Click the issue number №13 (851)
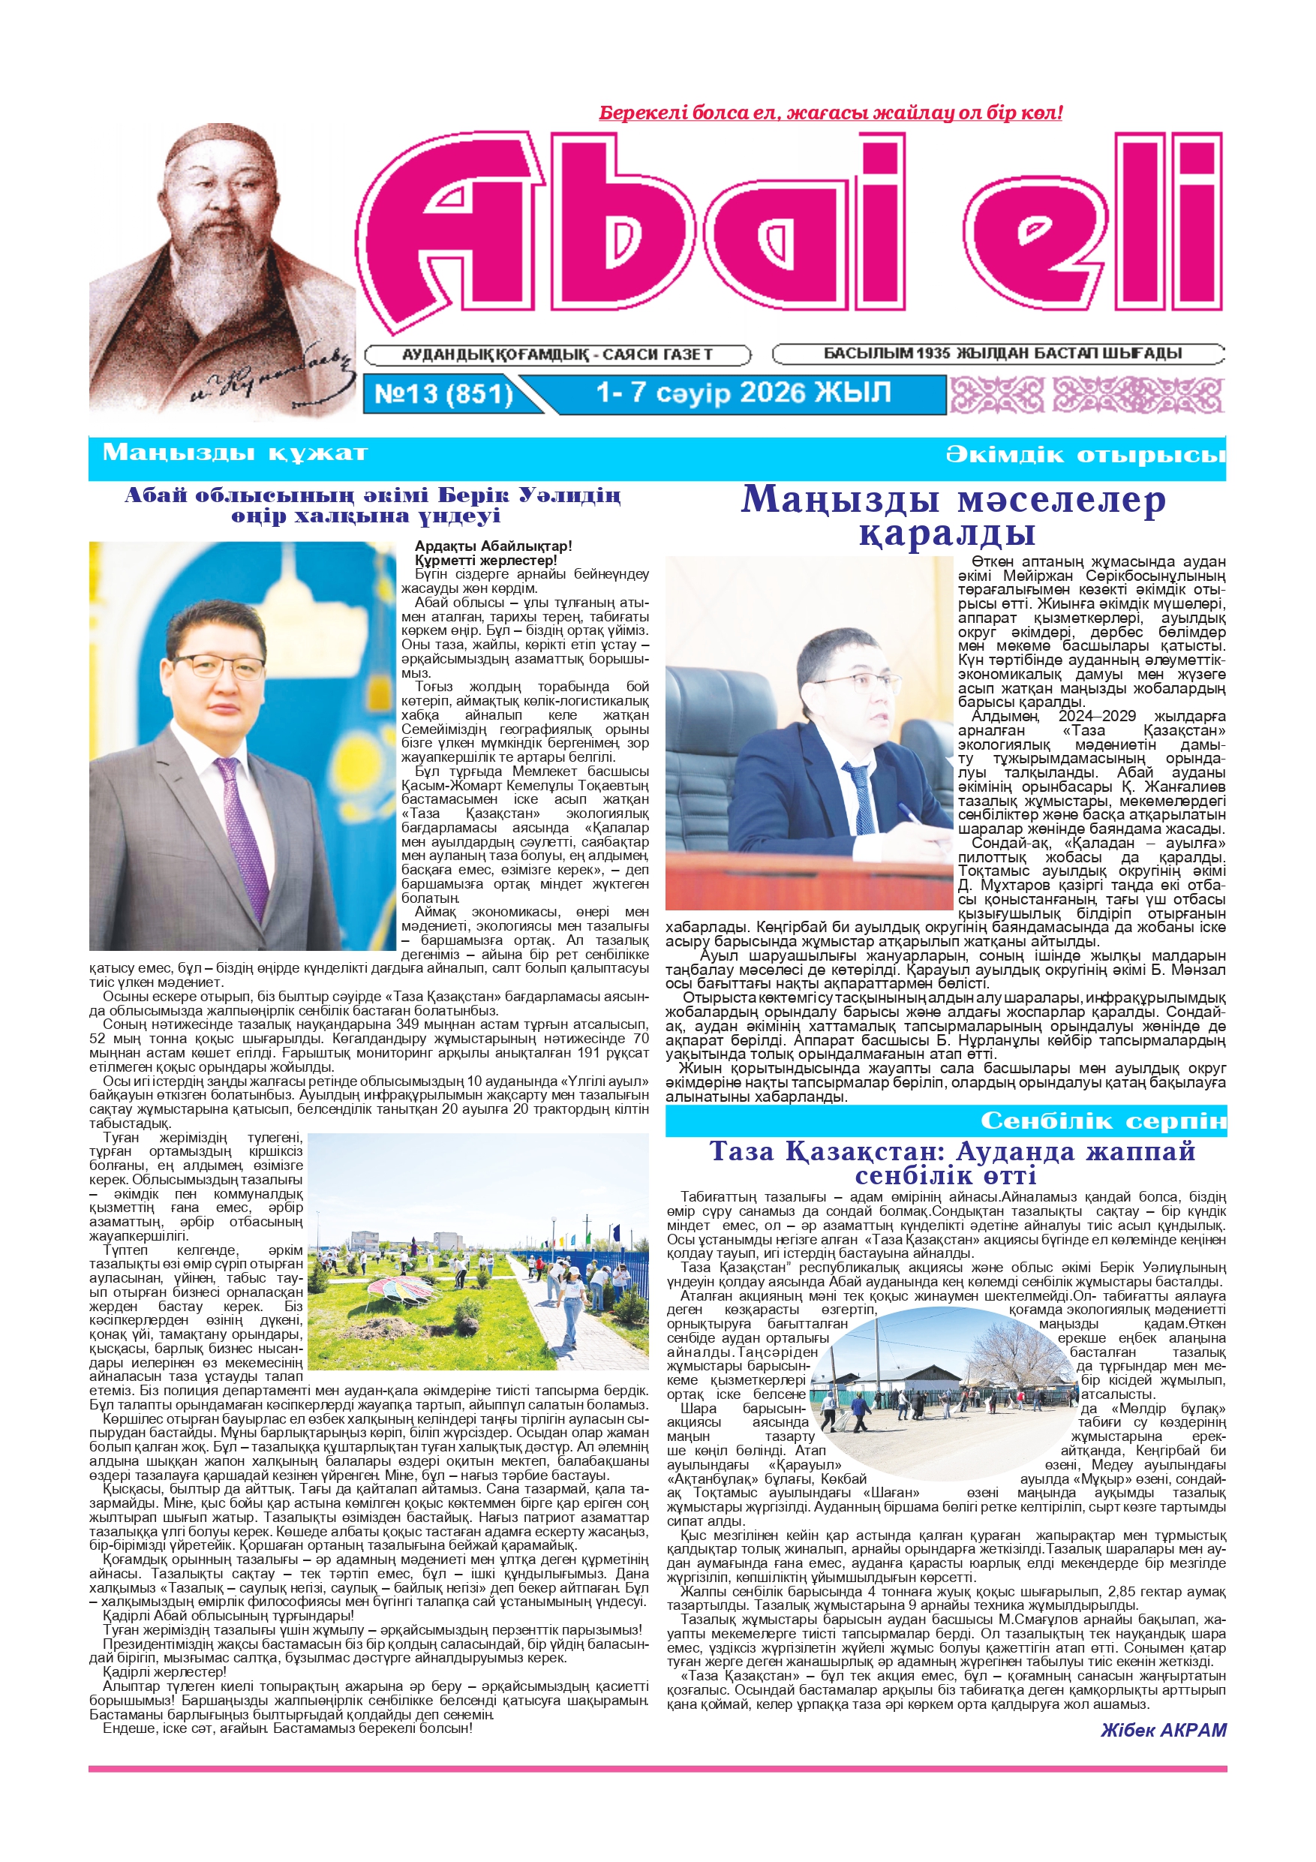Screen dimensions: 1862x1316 point(443,393)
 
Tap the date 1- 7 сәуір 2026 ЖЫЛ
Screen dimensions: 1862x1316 point(743,393)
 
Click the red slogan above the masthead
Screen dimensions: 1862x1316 point(831,113)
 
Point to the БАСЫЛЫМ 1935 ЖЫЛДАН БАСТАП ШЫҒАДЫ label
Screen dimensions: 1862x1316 point(1002,353)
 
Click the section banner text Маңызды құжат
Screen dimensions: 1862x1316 point(235,452)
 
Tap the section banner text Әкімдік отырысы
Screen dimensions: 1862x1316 point(1086,454)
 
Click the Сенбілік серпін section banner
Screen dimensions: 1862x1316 point(1103,1121)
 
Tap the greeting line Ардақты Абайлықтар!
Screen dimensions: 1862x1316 point(493,546)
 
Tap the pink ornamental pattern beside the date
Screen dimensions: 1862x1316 point(1086,394)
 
